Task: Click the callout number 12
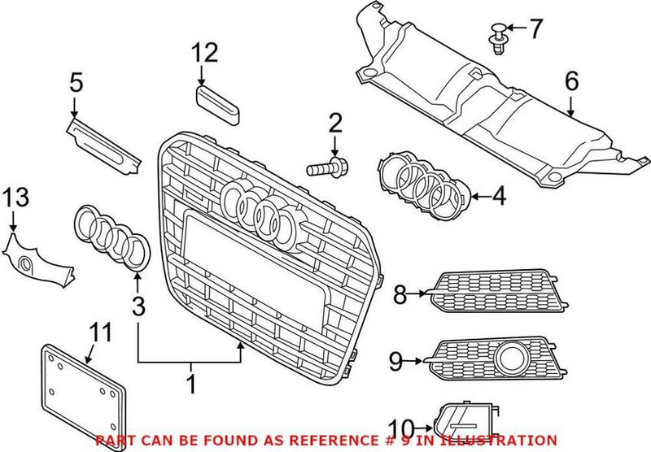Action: coord(205,54)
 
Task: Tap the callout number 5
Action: coord(76,82)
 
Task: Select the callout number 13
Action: coord(14,197)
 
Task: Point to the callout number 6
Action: coord(570,80)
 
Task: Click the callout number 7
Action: coord(535,30)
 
